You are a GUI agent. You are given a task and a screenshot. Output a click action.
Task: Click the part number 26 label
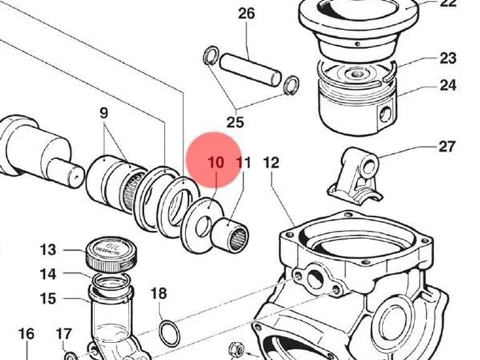click(246, 14)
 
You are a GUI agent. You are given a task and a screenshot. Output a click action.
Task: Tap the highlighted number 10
click(216, 162)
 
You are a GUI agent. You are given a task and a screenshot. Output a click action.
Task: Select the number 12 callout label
click(271, 162)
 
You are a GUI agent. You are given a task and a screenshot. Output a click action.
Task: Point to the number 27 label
click(447, 147)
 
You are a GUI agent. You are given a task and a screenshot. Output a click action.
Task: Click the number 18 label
click(159, 293)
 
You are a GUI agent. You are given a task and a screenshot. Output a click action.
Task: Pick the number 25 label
click(236, 122)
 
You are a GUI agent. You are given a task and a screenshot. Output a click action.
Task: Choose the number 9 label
click(104, 113)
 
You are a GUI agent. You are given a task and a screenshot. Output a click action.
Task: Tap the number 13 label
click(48, 250)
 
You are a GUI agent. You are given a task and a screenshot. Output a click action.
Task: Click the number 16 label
click(26, 334)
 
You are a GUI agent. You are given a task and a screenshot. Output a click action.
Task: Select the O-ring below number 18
click(170, 334)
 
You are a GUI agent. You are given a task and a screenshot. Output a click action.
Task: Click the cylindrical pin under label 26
click(250, 69)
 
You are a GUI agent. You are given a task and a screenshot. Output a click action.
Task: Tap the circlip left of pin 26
click(211, 55)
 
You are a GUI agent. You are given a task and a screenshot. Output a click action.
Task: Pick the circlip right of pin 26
click(291, 86)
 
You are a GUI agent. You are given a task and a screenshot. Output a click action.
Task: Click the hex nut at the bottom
click(237, 349)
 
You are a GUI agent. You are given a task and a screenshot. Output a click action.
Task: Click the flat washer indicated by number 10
click(202, 226)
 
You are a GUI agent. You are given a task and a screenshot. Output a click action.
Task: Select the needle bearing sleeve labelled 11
click(230, 235)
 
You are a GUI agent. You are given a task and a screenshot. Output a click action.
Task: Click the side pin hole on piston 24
click(385, 114)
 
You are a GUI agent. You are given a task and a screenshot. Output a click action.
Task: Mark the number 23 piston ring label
click(448, 58)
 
